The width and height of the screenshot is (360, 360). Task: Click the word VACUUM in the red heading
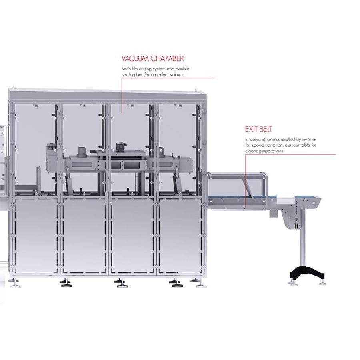(135, 58)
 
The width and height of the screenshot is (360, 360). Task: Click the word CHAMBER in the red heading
(167, 58)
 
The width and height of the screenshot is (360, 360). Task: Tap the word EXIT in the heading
(250, 129)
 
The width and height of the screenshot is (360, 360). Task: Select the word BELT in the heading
(265, 129)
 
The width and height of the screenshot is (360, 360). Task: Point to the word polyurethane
(262, 140)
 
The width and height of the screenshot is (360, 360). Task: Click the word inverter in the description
(309, 139)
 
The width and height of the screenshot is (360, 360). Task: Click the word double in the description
(182, 69)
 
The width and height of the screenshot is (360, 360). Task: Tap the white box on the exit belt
(285, 198)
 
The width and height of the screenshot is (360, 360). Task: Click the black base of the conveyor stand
(307, 272)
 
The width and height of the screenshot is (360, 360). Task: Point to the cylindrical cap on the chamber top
(82, 151)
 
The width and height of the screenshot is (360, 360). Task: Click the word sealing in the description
(128, 75)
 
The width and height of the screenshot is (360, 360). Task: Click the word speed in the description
(258, 146)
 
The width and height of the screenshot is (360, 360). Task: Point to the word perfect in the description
(162, 75)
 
